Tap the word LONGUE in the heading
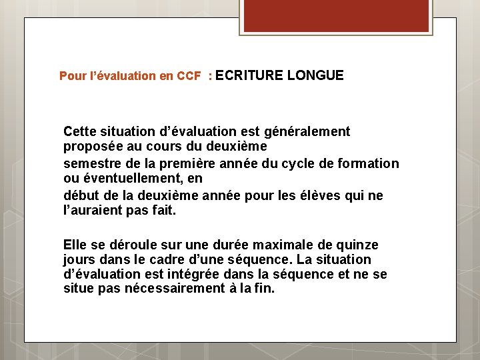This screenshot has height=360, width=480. point(315,75)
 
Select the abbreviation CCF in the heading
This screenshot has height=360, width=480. point(189,76)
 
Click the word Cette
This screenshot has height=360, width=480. point(80,131)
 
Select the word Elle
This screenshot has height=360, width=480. point(75,245)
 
